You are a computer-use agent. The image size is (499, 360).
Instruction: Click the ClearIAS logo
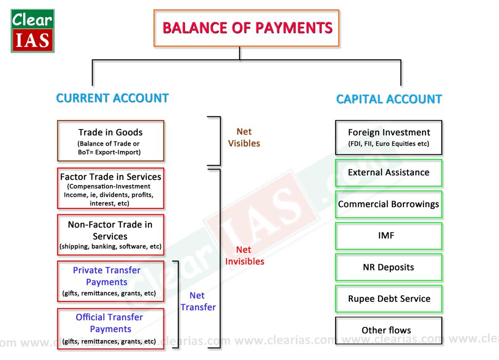33,31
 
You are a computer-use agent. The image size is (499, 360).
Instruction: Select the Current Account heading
112,98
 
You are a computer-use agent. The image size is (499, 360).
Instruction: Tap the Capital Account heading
389,99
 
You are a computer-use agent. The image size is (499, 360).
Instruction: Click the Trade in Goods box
111,141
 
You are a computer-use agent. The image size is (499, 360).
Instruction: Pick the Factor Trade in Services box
111,189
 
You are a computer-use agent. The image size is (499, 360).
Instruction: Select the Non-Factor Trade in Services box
111,235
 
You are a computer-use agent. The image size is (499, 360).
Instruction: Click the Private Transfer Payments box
111,281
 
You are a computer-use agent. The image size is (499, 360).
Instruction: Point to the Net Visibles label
244,137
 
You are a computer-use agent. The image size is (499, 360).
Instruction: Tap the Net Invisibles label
244,256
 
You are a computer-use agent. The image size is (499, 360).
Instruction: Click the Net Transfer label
197,301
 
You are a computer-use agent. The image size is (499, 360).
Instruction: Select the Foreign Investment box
389,137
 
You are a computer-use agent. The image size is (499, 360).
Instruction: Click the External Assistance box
389,172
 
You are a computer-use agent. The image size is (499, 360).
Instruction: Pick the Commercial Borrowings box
389,204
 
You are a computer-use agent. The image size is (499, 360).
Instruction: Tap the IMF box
389,236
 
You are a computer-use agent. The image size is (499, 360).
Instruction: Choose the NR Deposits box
389,267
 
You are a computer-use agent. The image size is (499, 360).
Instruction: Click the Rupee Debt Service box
389,299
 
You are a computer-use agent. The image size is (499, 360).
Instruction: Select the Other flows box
389,330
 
